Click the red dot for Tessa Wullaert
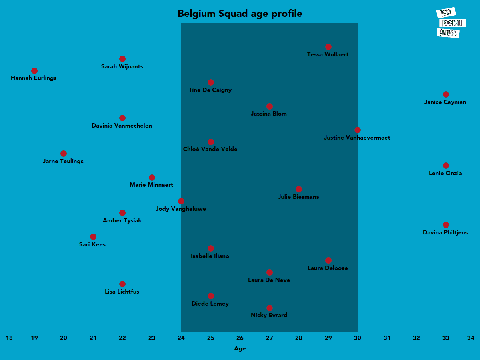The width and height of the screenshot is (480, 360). (x=328, y=47)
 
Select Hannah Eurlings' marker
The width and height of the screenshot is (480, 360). (x=34, y=71)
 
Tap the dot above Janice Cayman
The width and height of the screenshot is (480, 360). (x=446, y=94)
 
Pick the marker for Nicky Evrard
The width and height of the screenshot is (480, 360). (x=270, y=308)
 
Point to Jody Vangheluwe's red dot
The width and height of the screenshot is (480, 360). (x=181, y=201)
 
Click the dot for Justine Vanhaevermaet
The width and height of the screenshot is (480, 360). (x=358, y=130)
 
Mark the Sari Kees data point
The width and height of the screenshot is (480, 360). (x=93, y=237)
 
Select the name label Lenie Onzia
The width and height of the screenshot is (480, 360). (x=445, y=173)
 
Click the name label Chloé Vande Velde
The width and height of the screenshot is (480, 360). (x=210, y=149)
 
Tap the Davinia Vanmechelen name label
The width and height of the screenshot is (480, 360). (x=122, y=126)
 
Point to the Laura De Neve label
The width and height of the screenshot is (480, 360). (x=269, y=280)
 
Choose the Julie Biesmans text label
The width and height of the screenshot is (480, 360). (x=298, y=197)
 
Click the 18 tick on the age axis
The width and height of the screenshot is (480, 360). (x=9, y=338)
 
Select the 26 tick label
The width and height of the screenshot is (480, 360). (x=240, y=338)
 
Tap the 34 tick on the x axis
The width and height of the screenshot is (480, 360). (x=471, y=338)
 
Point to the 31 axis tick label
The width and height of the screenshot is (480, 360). (x=387, y=338)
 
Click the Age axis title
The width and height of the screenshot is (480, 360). (x=240, y=348)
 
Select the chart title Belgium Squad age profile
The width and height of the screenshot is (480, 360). (x=240, y=14)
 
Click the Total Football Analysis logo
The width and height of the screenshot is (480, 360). (x=448, y=23)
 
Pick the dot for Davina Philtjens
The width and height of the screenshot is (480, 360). (x=446, y=225)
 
